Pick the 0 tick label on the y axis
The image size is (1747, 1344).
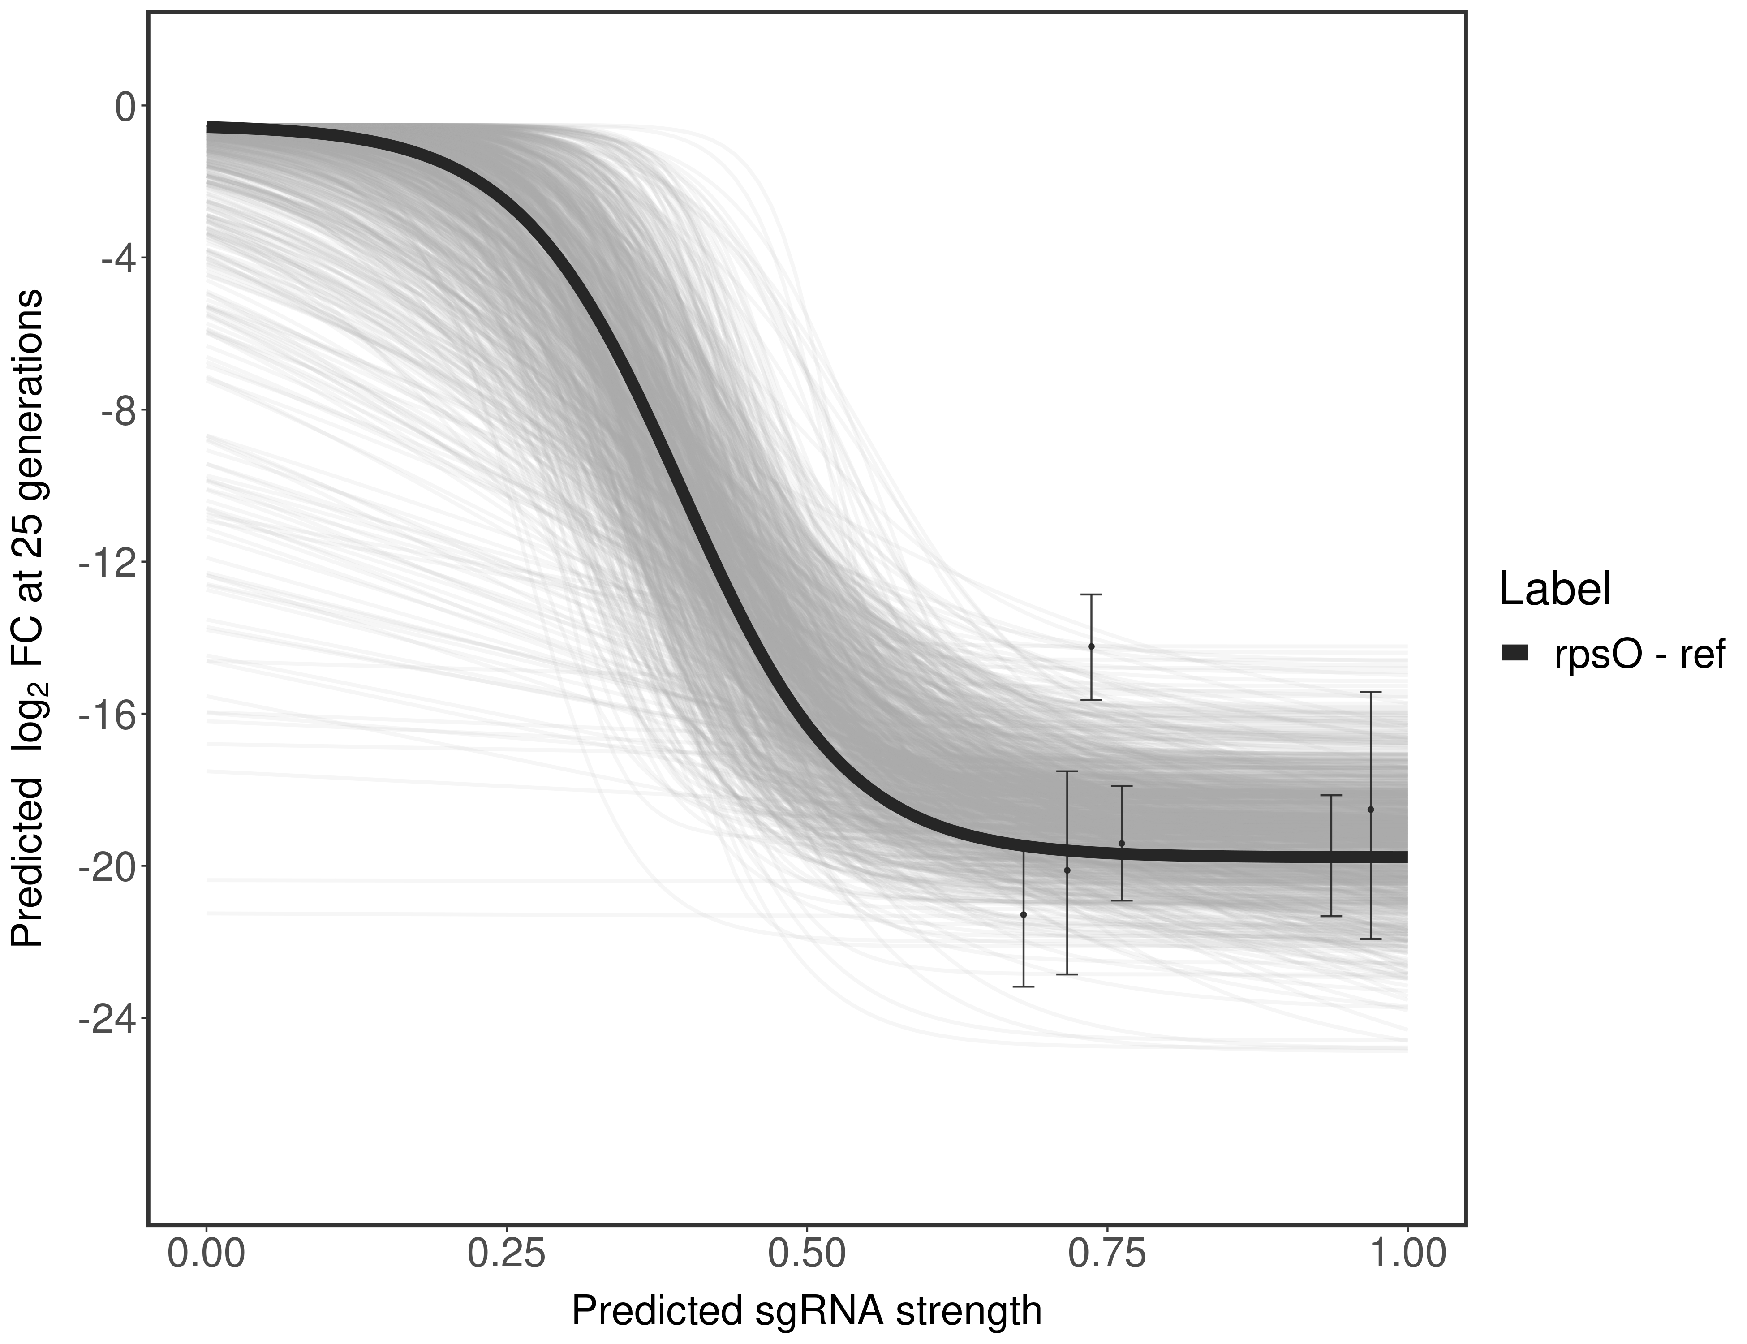[125, 107]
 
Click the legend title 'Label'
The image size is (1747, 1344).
[1554, 590]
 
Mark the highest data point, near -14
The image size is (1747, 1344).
[1091, 646]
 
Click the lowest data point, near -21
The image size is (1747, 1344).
[1023, 914]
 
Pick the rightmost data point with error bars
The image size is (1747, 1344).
[1370, 810]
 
